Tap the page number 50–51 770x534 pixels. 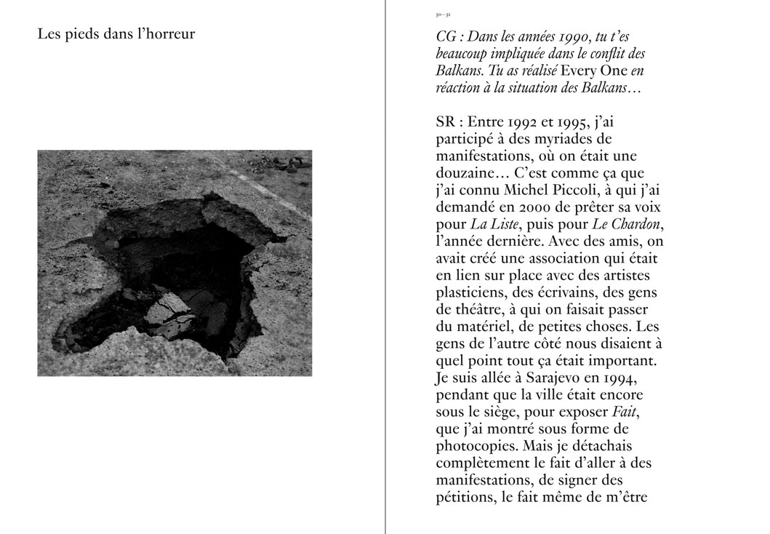[x=444, y=15]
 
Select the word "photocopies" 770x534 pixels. [x=478, y=447]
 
